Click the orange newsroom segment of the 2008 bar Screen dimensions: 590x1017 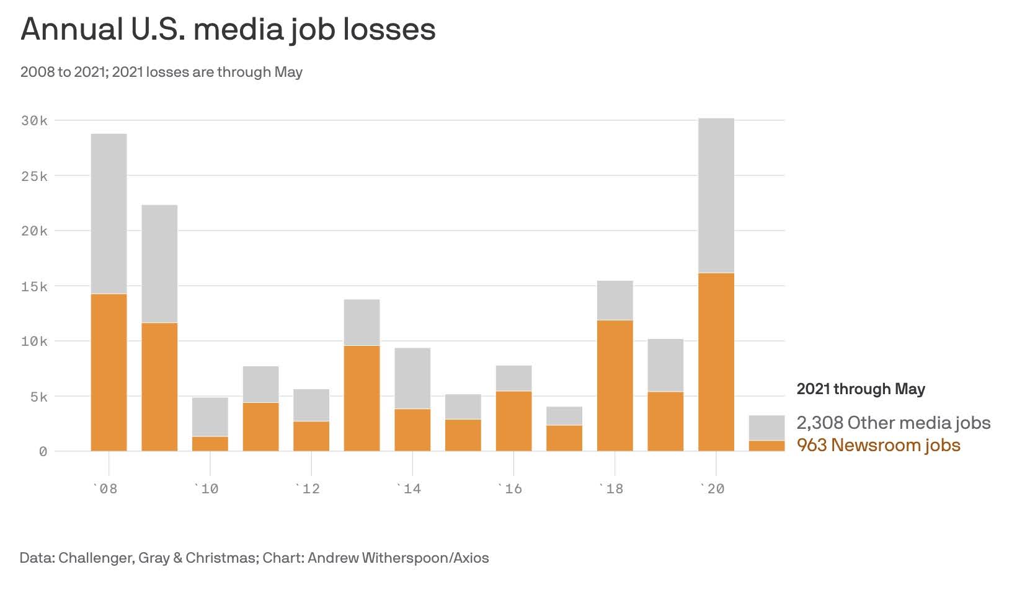(x=109, y=372)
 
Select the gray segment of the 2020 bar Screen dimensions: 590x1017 (x=716, y=195)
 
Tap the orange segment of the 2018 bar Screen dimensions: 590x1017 (x=615, y=385)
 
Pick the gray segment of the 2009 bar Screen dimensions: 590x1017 (x=159, y=263)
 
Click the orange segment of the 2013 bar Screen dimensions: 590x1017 (x=362, y=398)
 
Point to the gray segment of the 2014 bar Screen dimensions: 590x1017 (x=412, y=378)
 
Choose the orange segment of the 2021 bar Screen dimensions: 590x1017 (x=766, y=446)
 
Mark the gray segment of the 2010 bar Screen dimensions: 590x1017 (x=210, y=416)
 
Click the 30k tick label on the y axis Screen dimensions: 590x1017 (x=34, y=121)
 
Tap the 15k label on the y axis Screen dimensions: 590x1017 (x=34, y=286)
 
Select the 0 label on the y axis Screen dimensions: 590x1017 (x=43, y=452)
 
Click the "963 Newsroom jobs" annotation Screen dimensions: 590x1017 (x=878, y=445)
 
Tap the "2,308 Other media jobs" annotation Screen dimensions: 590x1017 (x=893, y=423)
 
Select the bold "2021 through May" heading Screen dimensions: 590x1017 (x=861, y=389)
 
